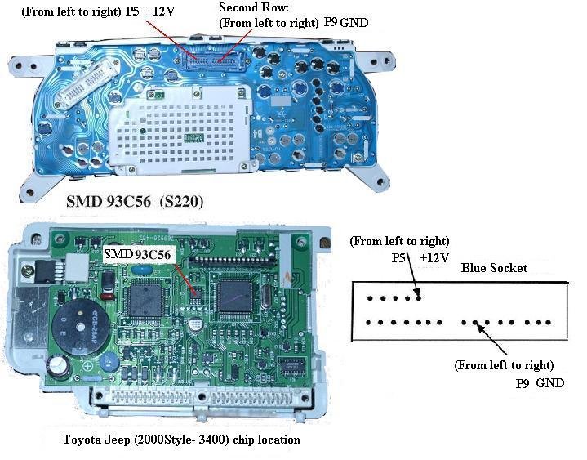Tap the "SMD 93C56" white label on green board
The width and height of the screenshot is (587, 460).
click(x=137, y=255)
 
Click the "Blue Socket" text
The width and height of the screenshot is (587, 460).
click(x=494, y=268)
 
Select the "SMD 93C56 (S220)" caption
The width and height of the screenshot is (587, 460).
click(x=135, y=202)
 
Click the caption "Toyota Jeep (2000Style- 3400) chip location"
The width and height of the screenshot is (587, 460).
click(x=182, y=440)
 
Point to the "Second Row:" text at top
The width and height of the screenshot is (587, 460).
click(x=254, y=7)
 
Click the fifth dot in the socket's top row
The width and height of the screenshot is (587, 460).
click(x=419, y=298)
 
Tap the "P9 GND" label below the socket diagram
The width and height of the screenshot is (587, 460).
click(x=540, y=383)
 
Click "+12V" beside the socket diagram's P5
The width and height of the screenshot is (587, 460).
click(x=434, y=257)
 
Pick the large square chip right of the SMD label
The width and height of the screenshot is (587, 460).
click(x=236, y=296)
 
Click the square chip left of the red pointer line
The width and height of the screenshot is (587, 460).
click(x=145, y=300)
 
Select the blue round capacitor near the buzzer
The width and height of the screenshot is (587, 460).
click(x=109, y=361)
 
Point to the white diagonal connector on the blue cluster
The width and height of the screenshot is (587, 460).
click(x=87, y=83)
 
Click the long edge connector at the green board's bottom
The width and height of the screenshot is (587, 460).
click(x=202, y=396)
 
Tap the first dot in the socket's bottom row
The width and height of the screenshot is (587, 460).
click(x=368, y=322)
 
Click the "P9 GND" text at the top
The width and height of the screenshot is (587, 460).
click(x=346, y=23)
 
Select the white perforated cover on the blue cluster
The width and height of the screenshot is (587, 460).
click(x=180, y=129)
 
